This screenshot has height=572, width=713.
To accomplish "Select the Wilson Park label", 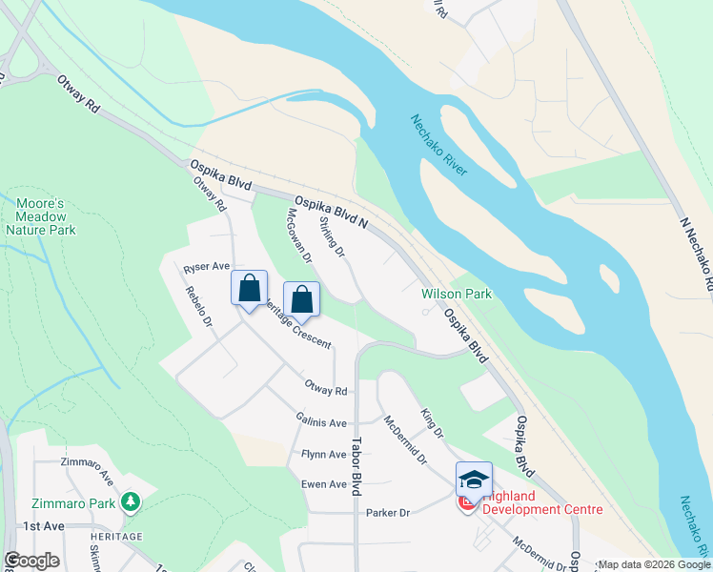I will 458,295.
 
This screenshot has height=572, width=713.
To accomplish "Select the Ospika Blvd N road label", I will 331,212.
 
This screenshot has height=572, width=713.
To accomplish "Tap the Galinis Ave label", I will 322,422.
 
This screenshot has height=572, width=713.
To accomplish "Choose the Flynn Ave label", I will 324,455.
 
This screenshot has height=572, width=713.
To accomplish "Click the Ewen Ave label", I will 324,484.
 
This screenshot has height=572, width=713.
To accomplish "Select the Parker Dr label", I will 388,513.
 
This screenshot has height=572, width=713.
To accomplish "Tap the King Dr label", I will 432,423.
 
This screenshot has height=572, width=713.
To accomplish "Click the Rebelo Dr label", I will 199,306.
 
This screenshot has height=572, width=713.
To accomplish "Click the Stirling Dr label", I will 332,236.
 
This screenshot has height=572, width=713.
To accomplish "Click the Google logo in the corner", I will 31,561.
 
